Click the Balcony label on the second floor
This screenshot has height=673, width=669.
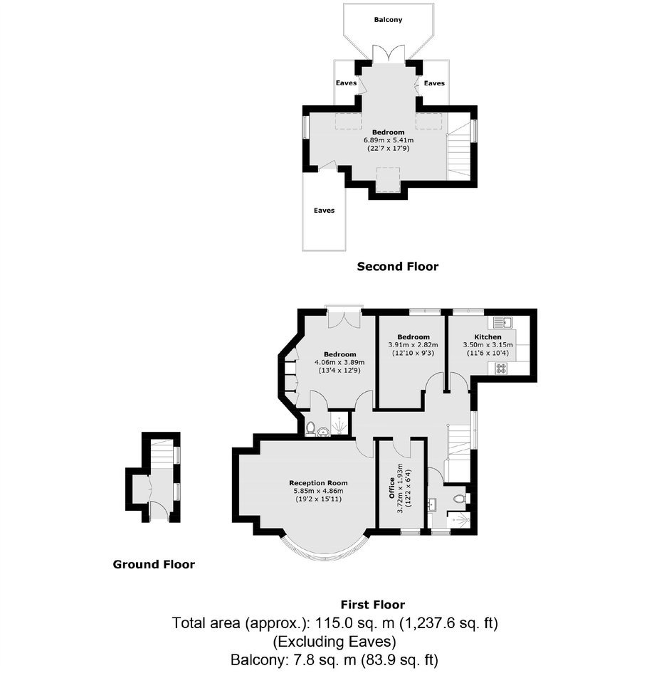pyautogui.click(x=388, y=20)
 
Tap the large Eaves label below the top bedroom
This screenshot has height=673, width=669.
pyautogui.click(x=324, y=211)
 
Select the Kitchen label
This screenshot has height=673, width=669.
pyautogui.click(x=488, y=337)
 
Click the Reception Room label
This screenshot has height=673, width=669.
pyautogui.click(x=318, y=483)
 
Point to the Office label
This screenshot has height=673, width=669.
pyautogui.click(x=391, y=488)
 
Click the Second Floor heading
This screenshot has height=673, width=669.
pyautogui.click(x=398, y=267)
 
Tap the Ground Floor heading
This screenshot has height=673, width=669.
pyautogui.click(x=154, y=564)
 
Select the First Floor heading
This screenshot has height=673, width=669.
pyautogui.click(x=373, y=605)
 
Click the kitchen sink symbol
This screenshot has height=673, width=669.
pyautogui.click(x=500, y=322)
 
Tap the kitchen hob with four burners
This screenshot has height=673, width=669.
pyautogui.click(x=501, y=369)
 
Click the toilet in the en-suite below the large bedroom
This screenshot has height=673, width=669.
pyautogui.click(x=310, y=428)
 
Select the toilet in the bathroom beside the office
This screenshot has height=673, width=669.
pyautogui.click(x=460, y=499)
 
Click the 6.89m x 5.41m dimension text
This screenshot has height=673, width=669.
pyautogui.click(x=389, y=140)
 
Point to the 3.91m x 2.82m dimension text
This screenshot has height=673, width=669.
pyautogui.click(x=413, y=344)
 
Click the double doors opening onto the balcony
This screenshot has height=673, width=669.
pyautogui.click(x=389, y=53)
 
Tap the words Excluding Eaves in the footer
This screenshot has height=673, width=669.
pyautogui.click(x=334, y=642)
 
